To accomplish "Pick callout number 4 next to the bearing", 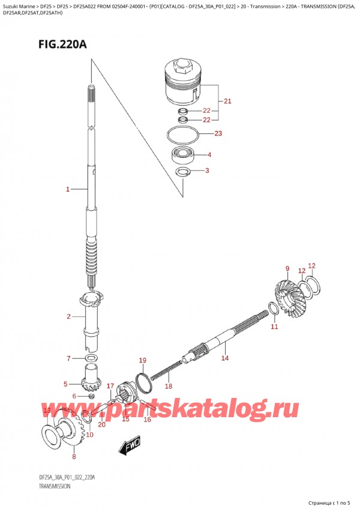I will [209, 155].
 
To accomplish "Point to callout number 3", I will [207, 172].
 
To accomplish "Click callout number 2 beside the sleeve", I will [68, 316].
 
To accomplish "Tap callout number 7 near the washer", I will [69, 358].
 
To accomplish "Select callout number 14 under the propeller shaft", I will [225, 358].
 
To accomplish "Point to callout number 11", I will [274, 327].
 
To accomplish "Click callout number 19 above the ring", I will [142, 360].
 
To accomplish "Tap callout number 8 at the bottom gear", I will [74, 457].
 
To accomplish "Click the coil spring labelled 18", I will [164, 370].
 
